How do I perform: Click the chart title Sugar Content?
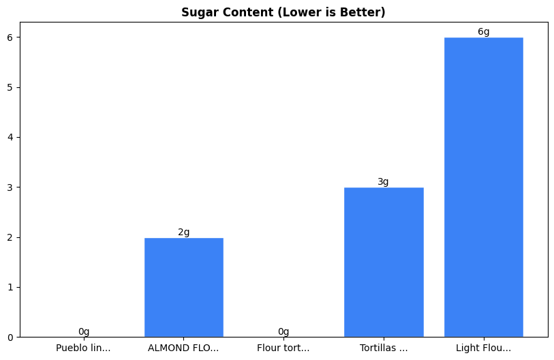point(283,12)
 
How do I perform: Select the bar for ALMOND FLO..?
point(184,287)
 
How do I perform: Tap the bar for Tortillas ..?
point(384,262)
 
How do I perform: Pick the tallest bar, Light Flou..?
point(483,187)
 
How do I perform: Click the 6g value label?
point(483,32)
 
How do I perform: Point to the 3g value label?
point(383,182)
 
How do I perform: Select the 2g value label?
point(184,232)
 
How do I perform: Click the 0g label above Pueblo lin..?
point(84,332)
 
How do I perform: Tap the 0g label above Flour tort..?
point(283,332)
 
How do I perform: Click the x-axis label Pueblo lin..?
point(84,348)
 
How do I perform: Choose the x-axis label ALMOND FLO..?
point(183,348)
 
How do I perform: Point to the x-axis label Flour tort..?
point(283,348)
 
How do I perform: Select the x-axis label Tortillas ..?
point(384,348)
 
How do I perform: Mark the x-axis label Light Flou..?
point(483,348)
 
